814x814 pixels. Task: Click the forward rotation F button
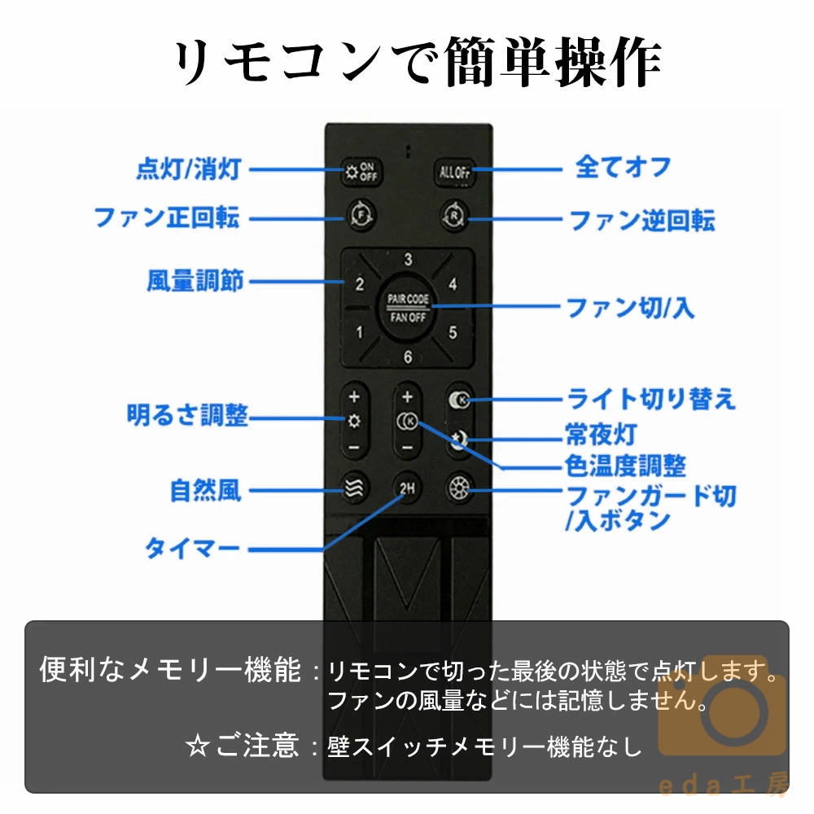[361, 215]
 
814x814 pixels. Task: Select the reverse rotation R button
[455, 215]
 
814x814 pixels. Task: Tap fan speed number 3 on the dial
[408, 259]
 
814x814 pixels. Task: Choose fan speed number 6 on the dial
[408, 357]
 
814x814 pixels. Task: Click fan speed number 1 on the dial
[359, 332]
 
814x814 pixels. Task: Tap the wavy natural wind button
[355, 488]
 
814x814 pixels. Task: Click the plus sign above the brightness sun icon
[355, 397]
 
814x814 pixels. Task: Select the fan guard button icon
[459, 488]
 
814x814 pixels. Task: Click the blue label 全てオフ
[624, 167]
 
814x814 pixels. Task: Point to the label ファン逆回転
[642, 220]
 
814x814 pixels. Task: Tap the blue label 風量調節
[195, 281]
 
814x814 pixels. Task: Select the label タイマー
[192, 548]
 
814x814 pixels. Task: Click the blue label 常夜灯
[602, 434]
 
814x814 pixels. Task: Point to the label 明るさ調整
[187, 415]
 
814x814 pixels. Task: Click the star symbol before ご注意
[198, 746]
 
